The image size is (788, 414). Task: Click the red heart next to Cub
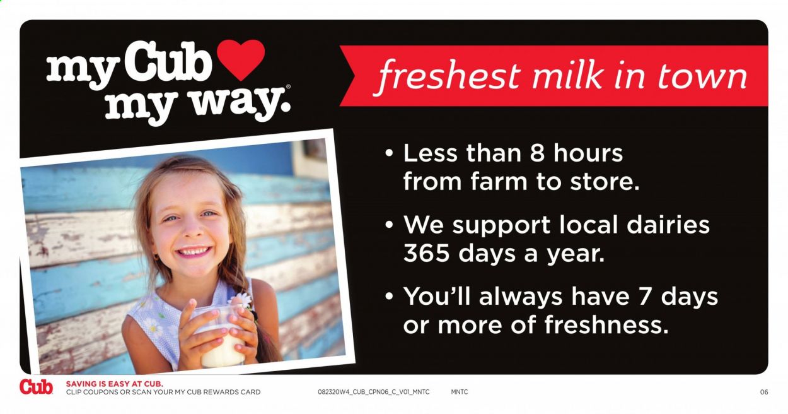tap(241, 59)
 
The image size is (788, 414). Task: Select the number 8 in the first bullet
tap(537, 153)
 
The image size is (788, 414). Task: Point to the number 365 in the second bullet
tap(426, 253)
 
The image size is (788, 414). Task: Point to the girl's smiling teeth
tap(193, 251)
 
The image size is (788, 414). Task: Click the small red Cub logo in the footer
tap(36, 387)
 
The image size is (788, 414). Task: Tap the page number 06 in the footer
tap(764, 392)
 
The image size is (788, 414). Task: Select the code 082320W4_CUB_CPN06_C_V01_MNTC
tap(374, 392)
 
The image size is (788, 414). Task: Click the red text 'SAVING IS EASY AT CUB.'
tap(115, 384)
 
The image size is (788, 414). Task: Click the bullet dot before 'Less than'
tap(389, 153)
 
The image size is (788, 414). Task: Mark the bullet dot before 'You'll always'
tap(389, 296)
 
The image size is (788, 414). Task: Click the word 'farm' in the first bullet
tap(499, 182)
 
